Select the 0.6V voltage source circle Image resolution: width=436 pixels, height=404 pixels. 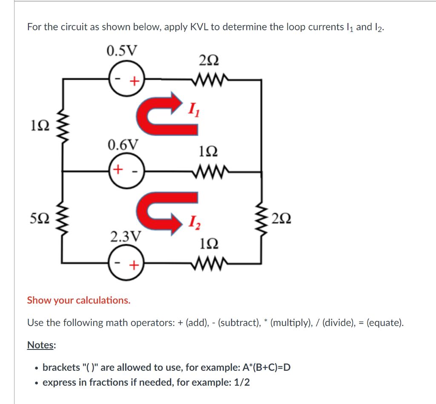click(127, 172)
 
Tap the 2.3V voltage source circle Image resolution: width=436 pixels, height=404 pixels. click(127, 264)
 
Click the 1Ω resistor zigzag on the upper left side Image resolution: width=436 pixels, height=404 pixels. click(64, 126)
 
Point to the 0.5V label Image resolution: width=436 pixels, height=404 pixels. click(122, 51)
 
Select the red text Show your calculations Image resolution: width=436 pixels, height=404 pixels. click(79, 300)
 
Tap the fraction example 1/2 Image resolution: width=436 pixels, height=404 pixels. click(242, 382)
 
